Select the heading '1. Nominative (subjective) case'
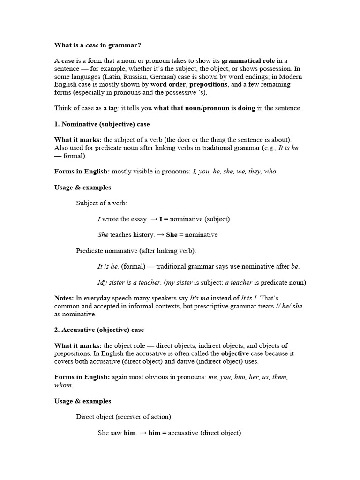click(x=102, y=124)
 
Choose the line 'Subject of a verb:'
click(x=102, y=203)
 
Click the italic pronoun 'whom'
click(x=64, y=385)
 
